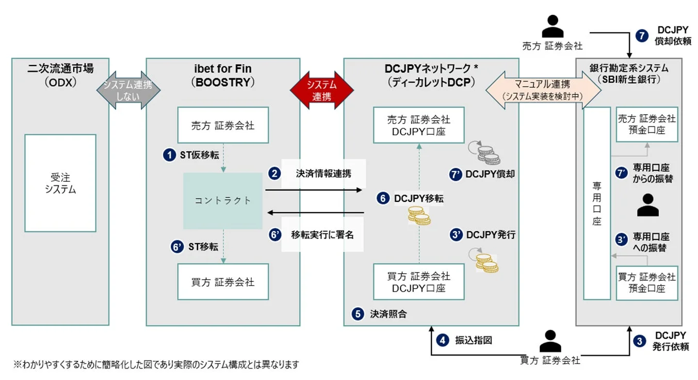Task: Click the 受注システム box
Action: (60, 183)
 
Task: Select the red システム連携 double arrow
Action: (322, 90)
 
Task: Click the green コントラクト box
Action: (223, 200)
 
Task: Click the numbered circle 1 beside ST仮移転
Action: (168, 154)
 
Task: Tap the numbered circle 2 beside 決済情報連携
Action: (274, 173)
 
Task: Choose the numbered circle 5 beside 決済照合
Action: (358, 313)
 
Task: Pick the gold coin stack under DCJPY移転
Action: (419, 215)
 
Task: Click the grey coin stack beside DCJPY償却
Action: (488, 155)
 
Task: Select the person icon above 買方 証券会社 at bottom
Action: (550, 341)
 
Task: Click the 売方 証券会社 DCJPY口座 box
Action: (418, 125)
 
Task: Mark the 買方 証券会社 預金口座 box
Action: (646, 282)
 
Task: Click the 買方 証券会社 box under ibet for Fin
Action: (223, 282)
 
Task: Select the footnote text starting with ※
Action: (156, 365)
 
